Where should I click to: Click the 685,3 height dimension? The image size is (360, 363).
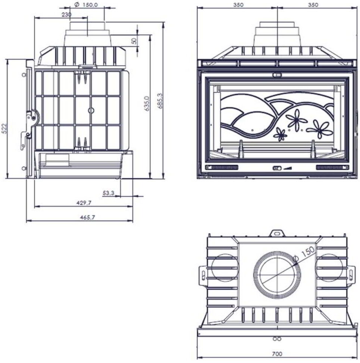click(x=160, y=101)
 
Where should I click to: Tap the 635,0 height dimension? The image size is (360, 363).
click(x=148, y=104)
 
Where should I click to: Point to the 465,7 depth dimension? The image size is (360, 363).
click(x=88, y=217)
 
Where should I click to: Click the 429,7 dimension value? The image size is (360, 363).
click(x=84, y=203)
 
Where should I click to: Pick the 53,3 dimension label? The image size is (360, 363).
click(x=109, y=193)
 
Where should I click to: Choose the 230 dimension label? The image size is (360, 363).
click(x=66, y=15)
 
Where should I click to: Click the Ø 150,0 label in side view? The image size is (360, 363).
click(x=86, y=4)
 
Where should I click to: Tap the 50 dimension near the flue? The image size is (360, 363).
click(x=134, y=41)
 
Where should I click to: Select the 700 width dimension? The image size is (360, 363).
click(x=277, y=354)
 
